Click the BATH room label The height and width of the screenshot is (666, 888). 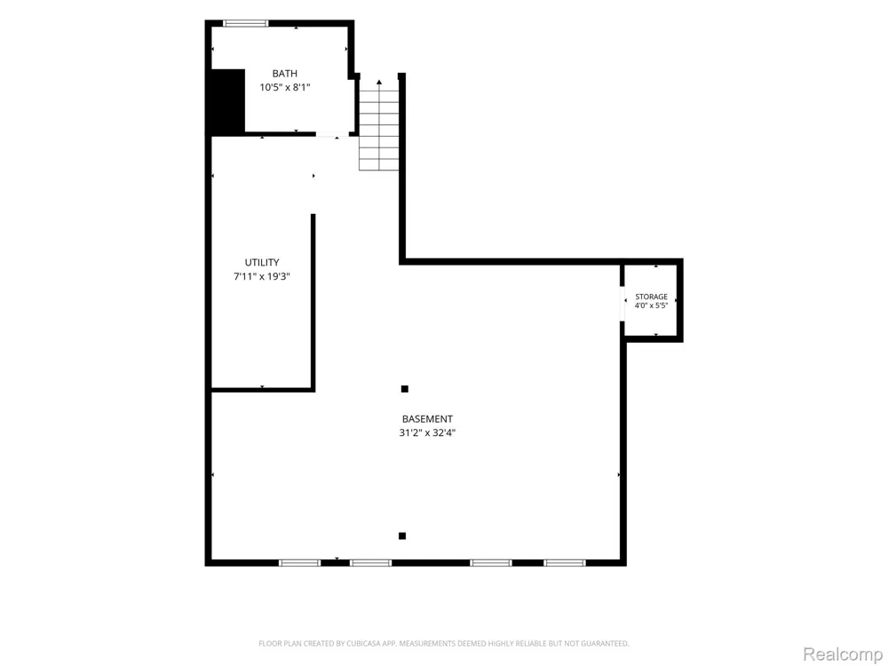click(284, 74)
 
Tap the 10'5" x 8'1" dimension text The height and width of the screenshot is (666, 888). click(285, 87)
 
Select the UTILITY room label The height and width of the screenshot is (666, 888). click(262, 262)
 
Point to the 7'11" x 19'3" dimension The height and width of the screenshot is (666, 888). click(262, 276)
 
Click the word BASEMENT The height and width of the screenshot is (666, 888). click(427, 419)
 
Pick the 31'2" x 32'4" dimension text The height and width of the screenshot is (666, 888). click(427, 433)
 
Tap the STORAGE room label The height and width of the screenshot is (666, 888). click(651, 297)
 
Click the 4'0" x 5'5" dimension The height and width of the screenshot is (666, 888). click(651, 305)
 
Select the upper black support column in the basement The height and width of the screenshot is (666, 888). click(404, 389)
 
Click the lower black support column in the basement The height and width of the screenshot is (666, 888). click(402, 535)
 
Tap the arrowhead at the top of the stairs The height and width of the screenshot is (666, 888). click(379, 82)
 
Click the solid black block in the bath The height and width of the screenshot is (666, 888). click(227, 101)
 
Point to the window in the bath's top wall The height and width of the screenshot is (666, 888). click(245, 23)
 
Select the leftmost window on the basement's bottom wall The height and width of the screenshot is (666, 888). click(299, 563)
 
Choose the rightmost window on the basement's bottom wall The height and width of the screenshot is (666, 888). click(565, 563)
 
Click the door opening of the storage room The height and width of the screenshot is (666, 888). click(622, 304)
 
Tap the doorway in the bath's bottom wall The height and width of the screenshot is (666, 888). click(332, 134)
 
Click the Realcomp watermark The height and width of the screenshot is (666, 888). click(843, 654)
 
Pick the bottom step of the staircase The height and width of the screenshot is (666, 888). click(379, 165)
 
